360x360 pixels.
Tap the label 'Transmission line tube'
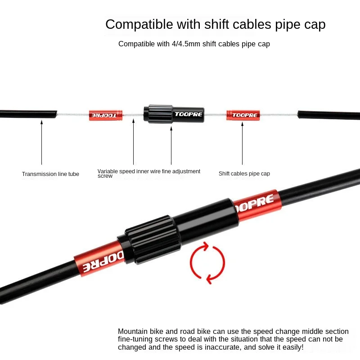(x=50, y=174)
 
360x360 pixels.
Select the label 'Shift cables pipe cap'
(x=244, y=174)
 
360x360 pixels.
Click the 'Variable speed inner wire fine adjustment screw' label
(x=149, y=173)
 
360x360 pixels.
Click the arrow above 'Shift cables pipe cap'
(x=242, y=142)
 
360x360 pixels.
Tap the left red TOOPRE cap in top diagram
(x=105, y=115)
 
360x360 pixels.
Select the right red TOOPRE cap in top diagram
(x=243, y=115)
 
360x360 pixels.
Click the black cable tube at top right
(x=328, y=115)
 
